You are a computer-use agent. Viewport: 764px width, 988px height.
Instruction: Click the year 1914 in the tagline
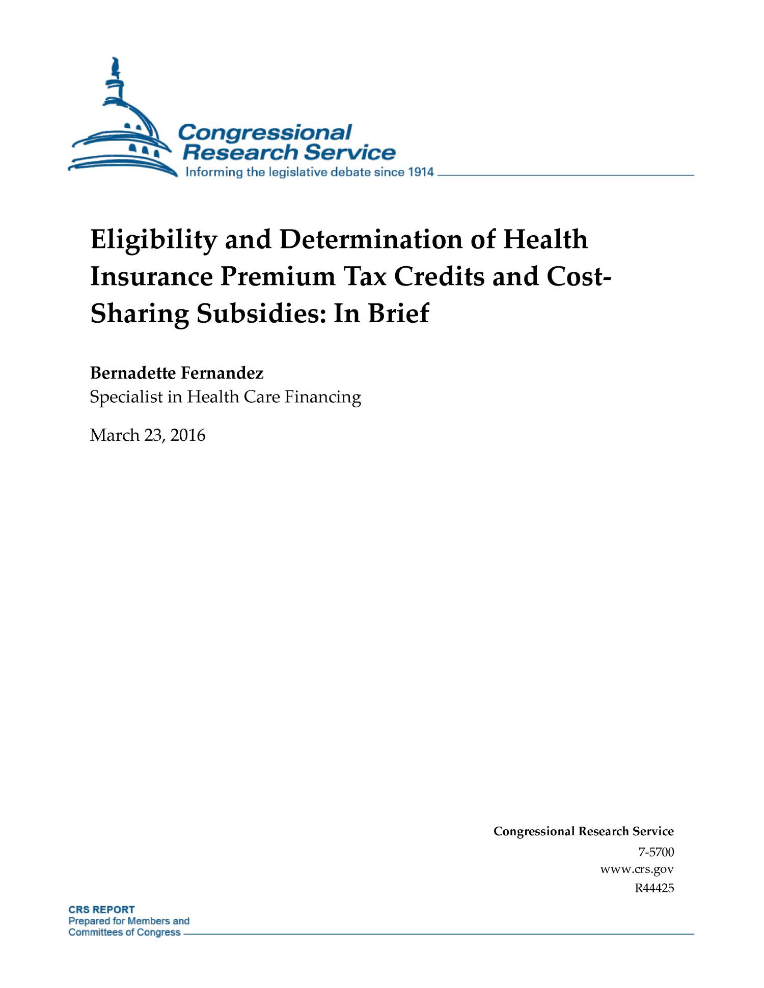coord(420,172)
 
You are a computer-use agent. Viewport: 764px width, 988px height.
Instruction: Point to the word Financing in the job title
coord(322,397)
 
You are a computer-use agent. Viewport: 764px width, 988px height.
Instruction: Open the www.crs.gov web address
coord(637,869)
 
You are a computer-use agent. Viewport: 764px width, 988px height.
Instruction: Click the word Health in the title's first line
coord(545,239)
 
